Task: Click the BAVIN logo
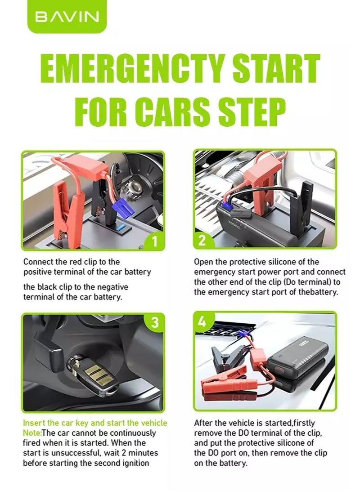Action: [67, 16]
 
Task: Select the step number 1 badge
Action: [154, 241]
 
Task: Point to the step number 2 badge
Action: [202, 240]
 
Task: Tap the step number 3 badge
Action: [154, 322]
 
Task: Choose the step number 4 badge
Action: [202, 321]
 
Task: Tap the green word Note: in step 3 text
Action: [32, 433]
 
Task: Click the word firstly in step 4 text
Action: [303, 423]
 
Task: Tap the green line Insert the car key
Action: [95, 423]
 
